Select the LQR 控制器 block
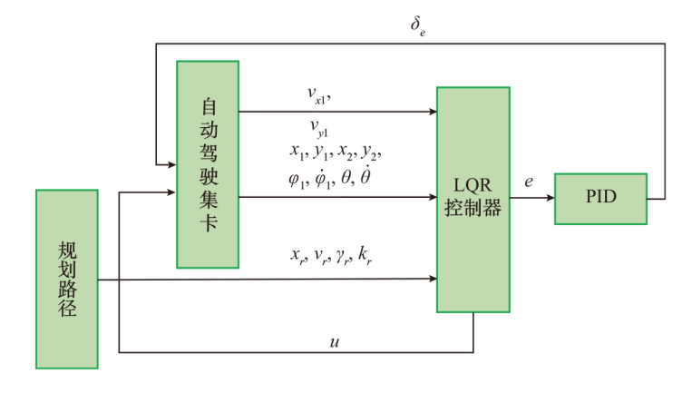point(472,200)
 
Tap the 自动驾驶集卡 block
point(208,164)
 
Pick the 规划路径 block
point(67,279)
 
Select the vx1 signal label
point(323,93)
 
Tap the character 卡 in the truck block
point(208,223)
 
